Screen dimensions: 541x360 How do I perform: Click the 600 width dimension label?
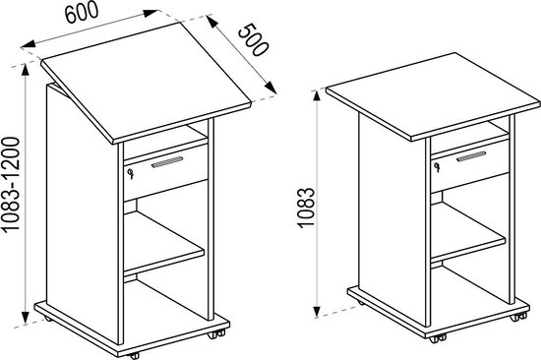pyautogui.click(x=82, y=13)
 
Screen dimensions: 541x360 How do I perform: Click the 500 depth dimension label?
pyautogui.click(x=253, y=39)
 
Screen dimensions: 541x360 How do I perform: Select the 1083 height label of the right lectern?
pyautogui.click(x=306, y=208)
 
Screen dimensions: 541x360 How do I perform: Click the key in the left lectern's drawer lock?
pyautogui.click(x=130, y=173)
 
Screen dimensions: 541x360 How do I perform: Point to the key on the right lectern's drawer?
pyautogui.click(x=437, y=167)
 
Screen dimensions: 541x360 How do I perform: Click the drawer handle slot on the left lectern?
pyautogui.click(x=167, y=162)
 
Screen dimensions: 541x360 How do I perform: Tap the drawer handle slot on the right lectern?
pyautogui.click(x=471, y=156)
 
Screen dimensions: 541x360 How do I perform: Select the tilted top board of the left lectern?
pyautogui.click(x=146, y=83)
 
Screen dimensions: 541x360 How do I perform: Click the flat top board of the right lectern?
pyautogui.click(x=433, y=96)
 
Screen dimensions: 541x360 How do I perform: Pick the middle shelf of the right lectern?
pyautogui.click(x=468, y=232)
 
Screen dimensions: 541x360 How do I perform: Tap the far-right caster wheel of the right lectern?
pyautogui.click(x=518, y=316)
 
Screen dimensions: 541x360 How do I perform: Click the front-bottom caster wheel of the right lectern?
pyautogui.click(x=438, y=338)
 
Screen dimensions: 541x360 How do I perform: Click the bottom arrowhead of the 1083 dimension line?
pyautogui.click(x=318, y=312)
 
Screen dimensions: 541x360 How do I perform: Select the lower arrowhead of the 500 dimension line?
pyautogui.click(x=270, y=87)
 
